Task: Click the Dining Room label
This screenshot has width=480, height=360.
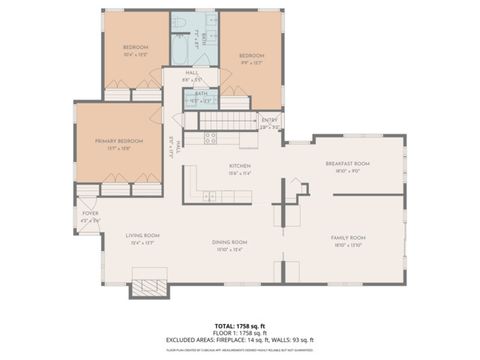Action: coord(229,244)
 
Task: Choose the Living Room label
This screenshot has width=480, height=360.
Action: coord(144,238)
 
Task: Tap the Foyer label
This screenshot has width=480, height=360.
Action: coord(89,213)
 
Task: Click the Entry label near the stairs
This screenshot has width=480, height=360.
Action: coord(270,121)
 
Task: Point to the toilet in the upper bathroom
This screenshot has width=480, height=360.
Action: coord(175,22)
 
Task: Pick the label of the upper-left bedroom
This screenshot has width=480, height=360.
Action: coord(135,50)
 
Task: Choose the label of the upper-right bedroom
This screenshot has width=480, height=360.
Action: coord(250,58)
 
